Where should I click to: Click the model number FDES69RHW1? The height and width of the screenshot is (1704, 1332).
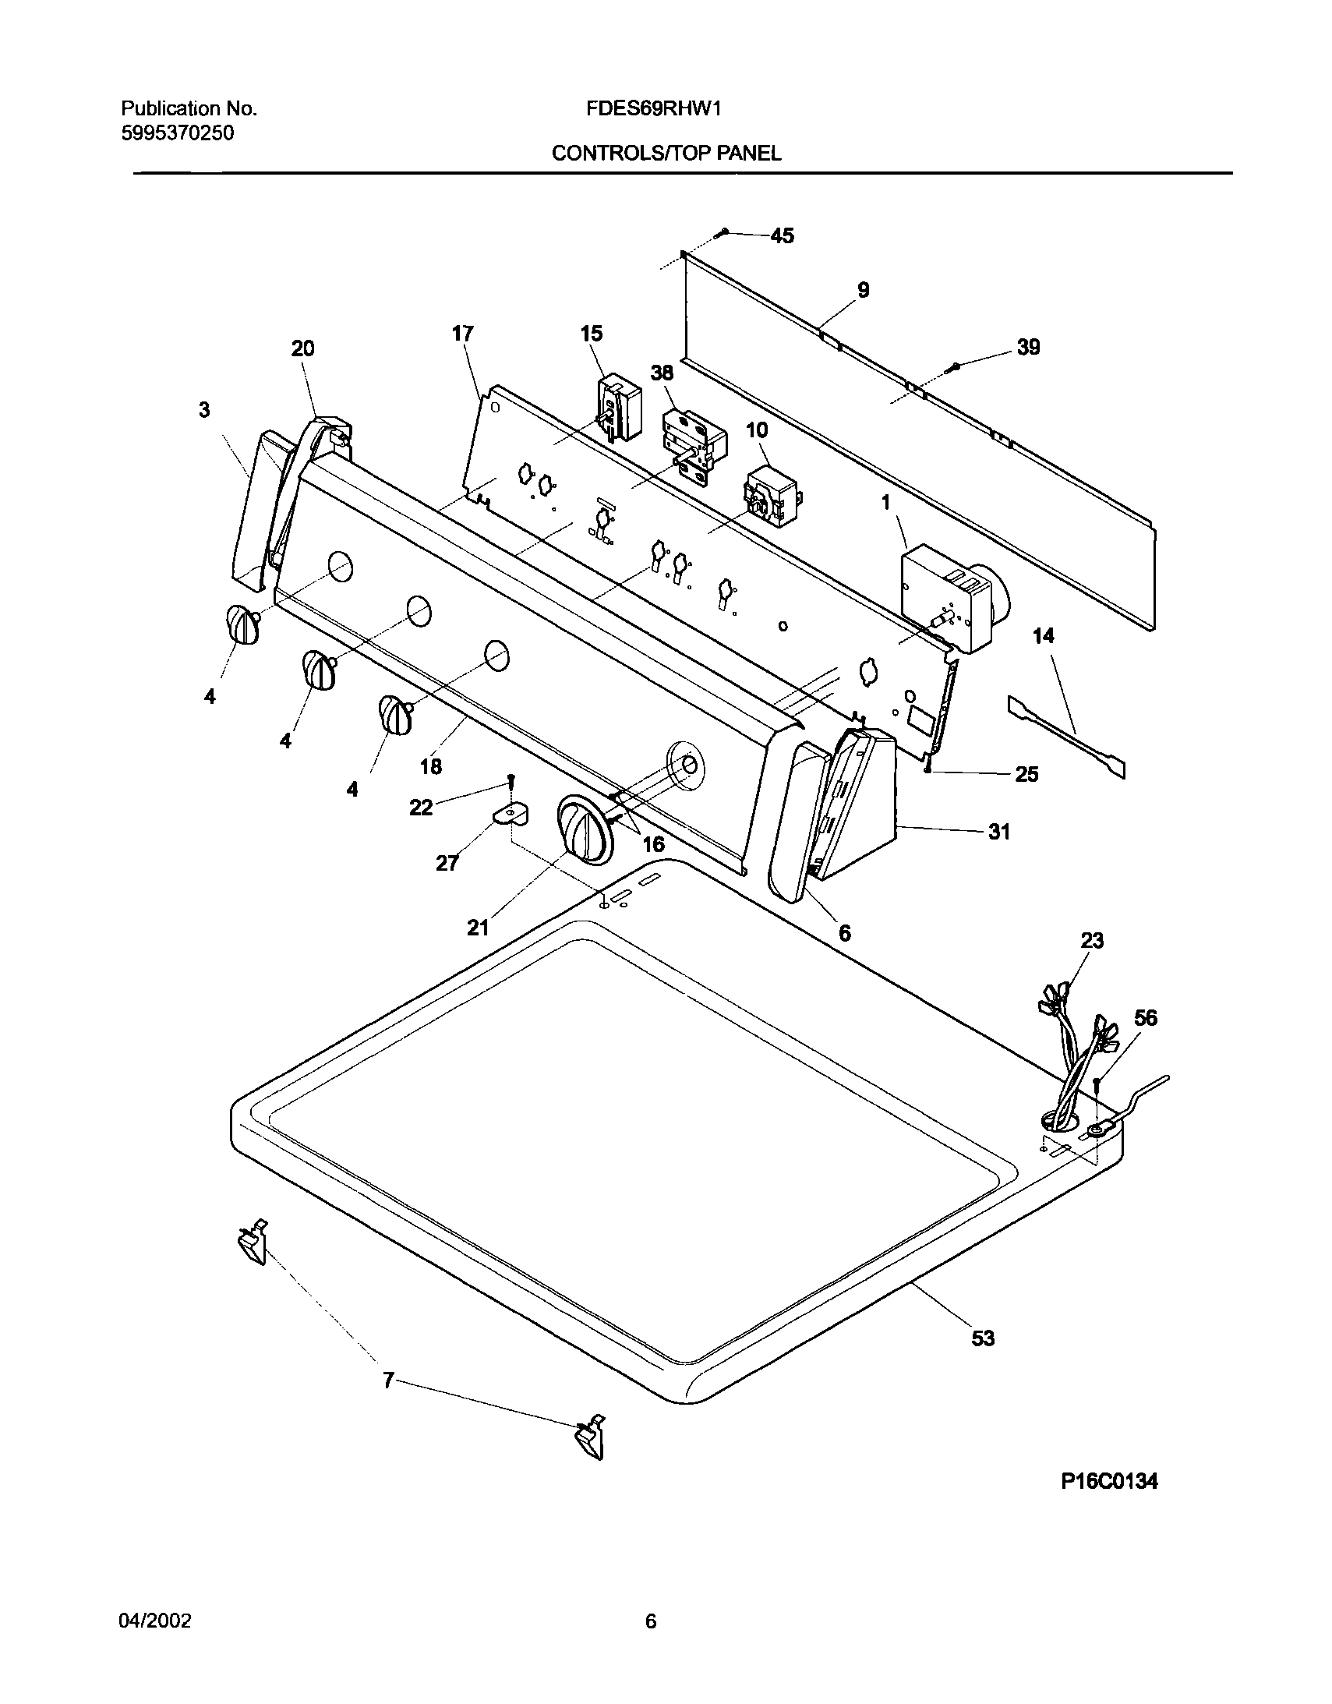[653, 108]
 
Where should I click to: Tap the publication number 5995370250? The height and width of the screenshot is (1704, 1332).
[177, 133]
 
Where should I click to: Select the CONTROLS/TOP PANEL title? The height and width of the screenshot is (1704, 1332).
[666, 154]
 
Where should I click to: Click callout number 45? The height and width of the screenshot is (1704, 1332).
[782, 235]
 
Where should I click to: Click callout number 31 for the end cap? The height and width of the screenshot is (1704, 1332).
[998, 833]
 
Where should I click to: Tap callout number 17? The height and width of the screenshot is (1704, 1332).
[462, 334]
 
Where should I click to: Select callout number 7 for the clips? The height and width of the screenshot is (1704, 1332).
[388, 1382]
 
